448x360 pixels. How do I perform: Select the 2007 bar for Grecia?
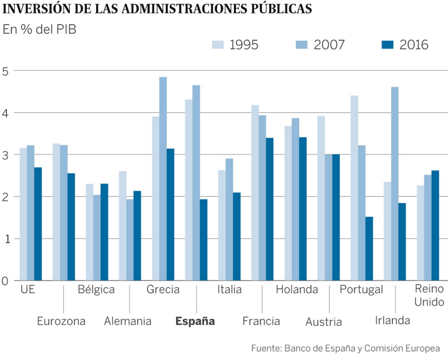tap(163, 179)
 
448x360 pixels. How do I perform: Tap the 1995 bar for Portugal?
tap(354, 188)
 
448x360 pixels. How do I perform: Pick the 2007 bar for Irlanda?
tap(395, 184)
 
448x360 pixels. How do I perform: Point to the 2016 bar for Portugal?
tap(369, 248)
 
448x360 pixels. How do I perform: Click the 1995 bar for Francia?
tap(255, 193)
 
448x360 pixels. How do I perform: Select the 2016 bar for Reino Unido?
tap(435, 225)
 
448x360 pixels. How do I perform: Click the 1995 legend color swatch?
tap(218, 45)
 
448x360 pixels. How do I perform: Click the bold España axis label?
tap(195, 321)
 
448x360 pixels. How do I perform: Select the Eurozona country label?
tap(61, 321)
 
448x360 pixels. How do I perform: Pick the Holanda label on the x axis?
tap(297, 290)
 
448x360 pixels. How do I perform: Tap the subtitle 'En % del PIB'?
tap(40, 29)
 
